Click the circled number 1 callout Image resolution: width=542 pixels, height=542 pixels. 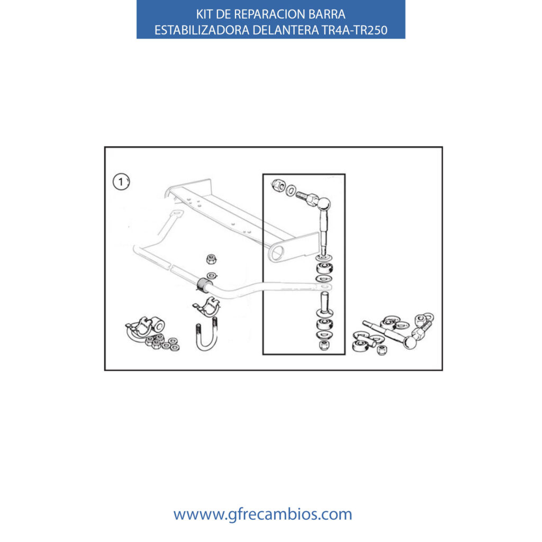[121, 182]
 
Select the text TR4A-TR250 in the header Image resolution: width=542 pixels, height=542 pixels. [355, 30]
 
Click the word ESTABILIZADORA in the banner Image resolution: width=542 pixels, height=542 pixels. [202, 30]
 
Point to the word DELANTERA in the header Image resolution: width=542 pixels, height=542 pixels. [286, 30]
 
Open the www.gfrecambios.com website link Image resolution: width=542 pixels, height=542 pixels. [263, 514]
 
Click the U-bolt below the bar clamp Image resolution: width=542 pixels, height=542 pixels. [207, 335]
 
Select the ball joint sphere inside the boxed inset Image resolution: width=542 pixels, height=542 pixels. [324, 204]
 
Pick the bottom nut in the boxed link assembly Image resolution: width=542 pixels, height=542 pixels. [324, 345]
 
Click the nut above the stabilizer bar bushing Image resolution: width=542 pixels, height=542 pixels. [211, 259]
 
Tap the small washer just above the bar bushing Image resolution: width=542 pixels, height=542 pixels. [211, 275]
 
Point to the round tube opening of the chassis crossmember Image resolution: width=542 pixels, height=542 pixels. [276, 252]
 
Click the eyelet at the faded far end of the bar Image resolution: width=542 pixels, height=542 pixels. [177, 214]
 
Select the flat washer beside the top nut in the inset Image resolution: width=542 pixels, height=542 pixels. [292, 189]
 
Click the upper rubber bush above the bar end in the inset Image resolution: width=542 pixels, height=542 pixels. [324, 268]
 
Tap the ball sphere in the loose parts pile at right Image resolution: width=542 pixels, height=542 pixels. [410, 342]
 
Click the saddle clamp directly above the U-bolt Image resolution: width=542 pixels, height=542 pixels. [207, 306]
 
